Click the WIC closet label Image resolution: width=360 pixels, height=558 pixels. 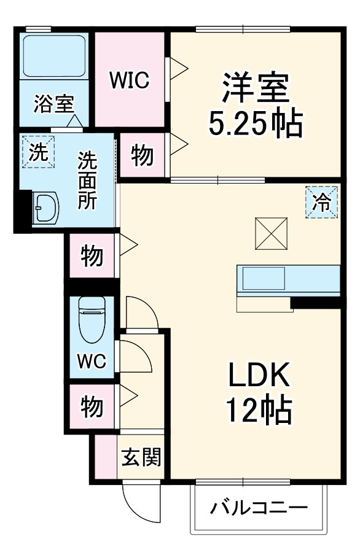pyautogui.click(x=129, y=80)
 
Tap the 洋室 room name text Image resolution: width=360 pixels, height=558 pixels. pyautogui.click(x=256, y=88)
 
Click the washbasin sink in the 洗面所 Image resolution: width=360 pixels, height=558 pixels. pyautogui.click(x=46, y=208)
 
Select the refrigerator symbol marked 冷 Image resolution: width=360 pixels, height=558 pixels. pyautogui.click(x=322, y=202)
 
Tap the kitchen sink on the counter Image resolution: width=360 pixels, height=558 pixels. pyautogui.click(x=263, y=279)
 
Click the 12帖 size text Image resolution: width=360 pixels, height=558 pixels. pyautogui.click(x=259, y=411)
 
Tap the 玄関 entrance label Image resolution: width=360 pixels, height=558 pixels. pyautogui.click(x=141, y=457)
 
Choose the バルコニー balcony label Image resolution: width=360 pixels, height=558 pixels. pyautogui.click(x=259, y=508)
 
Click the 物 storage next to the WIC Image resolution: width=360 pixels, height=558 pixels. pyautogui.click(x=143, y=157)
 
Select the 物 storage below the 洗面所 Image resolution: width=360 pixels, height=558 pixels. pyautogui.click(x=92, y=255)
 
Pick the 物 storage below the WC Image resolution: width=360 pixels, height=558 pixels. pyautogui.click(x=92, y=406)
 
